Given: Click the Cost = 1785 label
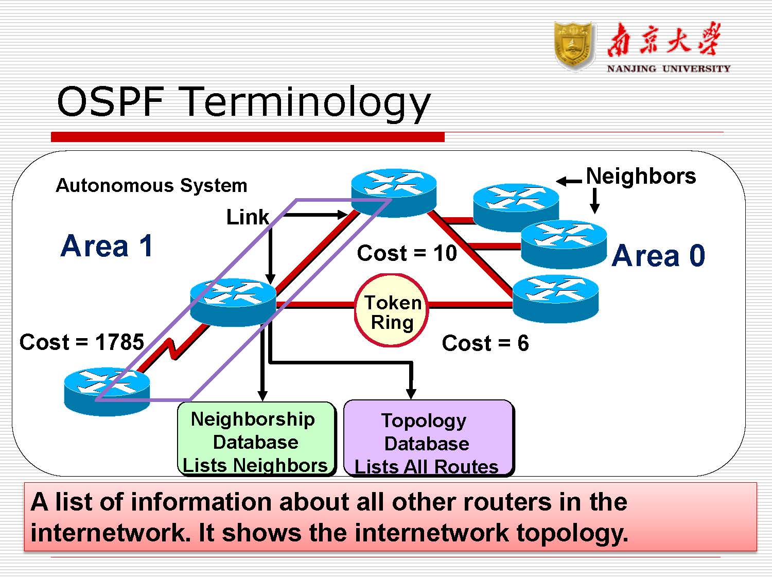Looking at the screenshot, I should click(81, 342).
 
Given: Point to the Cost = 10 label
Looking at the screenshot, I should click(407, 253).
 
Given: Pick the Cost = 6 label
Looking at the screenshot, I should click(485, 343).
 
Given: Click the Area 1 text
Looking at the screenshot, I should click(107, 246).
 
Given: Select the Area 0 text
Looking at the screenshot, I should click(658, 256).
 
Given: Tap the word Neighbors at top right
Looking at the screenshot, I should click(641, 177).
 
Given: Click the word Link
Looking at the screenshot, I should click(248, 217).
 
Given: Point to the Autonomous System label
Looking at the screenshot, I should click(151, 185).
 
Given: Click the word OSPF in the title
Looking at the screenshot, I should click(110, 101).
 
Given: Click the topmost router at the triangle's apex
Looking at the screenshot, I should click(394, 191).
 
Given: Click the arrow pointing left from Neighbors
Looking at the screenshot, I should click(569, 181).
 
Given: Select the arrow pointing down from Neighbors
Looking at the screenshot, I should click(594, 201).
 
